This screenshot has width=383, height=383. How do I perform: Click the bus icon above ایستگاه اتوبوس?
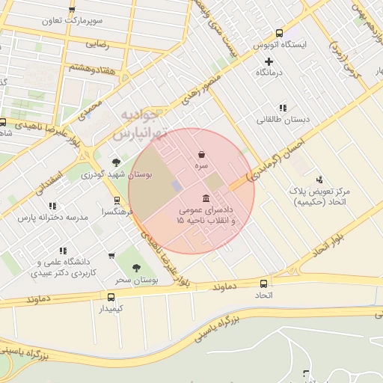(279, 33)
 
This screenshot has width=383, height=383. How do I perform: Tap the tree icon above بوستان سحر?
(135, 268)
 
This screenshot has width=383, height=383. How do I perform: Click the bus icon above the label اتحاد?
(263, 284)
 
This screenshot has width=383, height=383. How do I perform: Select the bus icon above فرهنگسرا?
(117, 200)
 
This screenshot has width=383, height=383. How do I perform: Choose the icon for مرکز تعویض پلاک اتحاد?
(320, 180)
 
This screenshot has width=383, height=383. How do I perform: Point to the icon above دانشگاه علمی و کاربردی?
(63, 251)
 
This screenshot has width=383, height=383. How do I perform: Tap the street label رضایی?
(96, 44)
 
